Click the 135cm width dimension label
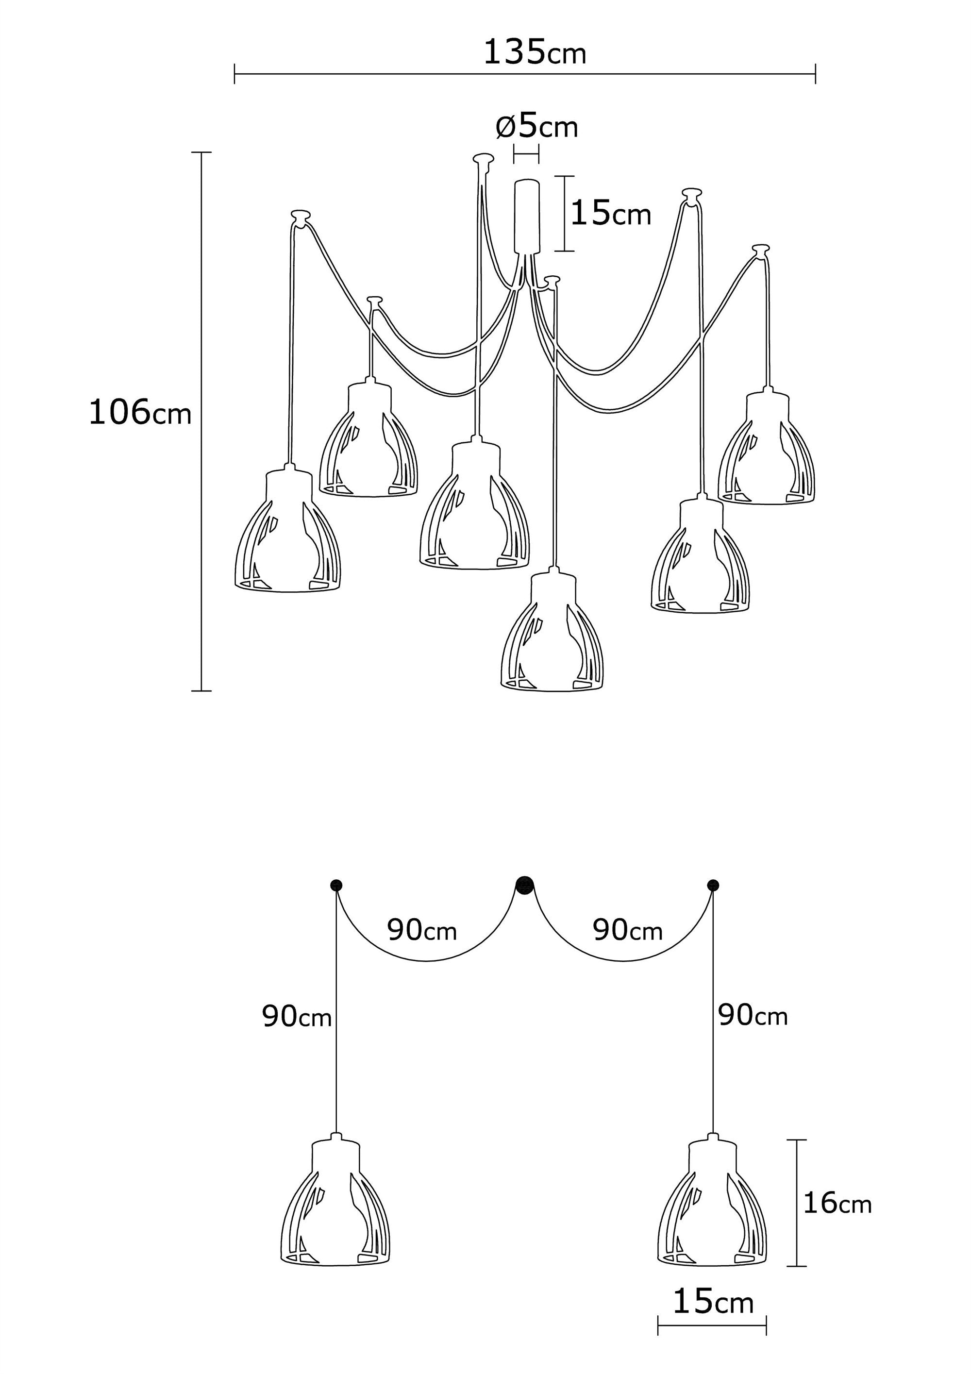(534, 52)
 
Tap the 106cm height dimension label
(139, 413)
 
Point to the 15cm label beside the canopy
(610, 214)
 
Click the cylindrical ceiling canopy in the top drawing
(526, 216)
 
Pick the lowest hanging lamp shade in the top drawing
(552, 635)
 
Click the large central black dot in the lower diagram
(525, 885)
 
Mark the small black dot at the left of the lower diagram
(336, 885)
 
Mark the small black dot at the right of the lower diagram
(713, 885)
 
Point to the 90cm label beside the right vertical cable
(753, 1016)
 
